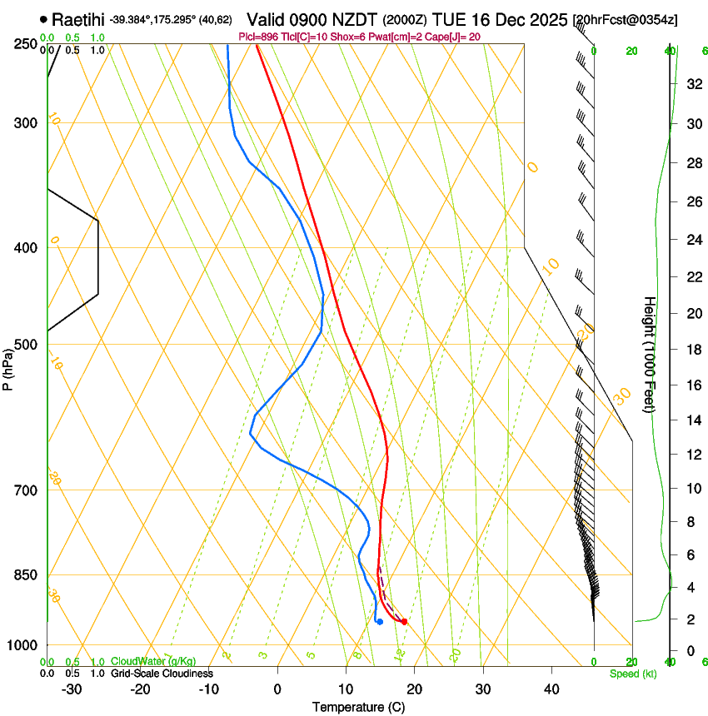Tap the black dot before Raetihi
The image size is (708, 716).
43,18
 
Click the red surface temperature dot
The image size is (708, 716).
404,621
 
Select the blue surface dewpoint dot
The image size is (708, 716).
379,621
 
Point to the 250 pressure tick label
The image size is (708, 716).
25,43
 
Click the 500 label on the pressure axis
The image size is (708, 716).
25,345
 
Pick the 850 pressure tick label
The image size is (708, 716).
25,574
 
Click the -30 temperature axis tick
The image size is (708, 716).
72,689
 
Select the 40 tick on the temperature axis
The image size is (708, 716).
551,689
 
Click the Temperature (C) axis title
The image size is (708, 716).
358,707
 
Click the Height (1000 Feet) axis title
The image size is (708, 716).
650,354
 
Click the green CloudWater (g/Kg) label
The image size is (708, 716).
153,662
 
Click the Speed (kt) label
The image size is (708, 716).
632,673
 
